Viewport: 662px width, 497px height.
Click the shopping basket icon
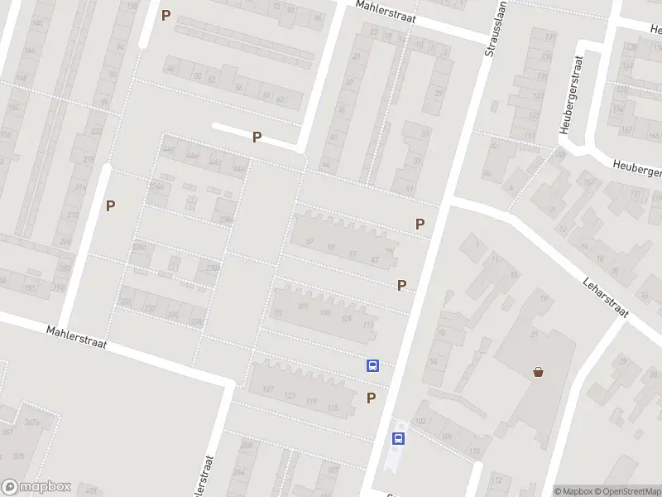point(539,372)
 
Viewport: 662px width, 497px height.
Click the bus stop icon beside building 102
point(399,439)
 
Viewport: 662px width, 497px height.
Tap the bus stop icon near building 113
point(373,364)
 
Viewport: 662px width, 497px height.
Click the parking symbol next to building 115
point(371,398)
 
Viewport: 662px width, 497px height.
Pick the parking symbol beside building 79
point(420,224)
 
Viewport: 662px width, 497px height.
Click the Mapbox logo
point(36,487)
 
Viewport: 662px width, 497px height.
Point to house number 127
point(267,389)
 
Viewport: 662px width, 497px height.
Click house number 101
point(303,307)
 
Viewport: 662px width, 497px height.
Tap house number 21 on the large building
point(534,334)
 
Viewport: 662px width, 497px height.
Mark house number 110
point(474,451)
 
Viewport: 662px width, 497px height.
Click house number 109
point(346,319)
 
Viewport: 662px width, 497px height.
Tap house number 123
point(290,396)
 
